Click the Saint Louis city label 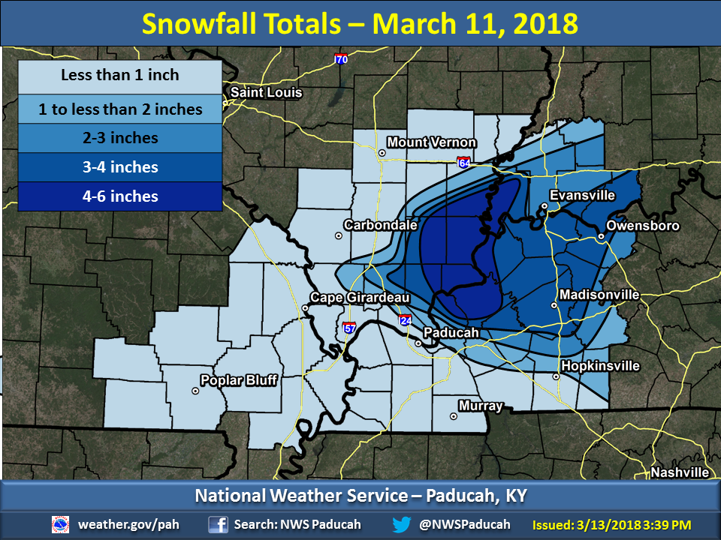(x=266, y=93)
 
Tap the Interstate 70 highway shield (x=341, y=58)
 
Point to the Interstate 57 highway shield (x=349, y=328)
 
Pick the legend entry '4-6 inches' (x=120, y=196)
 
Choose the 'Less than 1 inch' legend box (x=120, y=76)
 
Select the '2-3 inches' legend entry (x=120, y=138)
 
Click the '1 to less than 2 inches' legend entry (x=120, y=109)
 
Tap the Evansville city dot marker (x=545, y=206)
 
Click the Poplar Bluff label (x=240, y=380)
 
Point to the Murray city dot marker (x=453, y=416)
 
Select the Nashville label (x=680, y=472)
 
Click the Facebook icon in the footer (x=219, y=524)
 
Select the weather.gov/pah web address (x=128, y=524)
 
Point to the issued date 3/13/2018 (x=606, y=524)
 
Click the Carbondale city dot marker (x=339, y=235)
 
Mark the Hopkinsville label (x=600, y=366)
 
